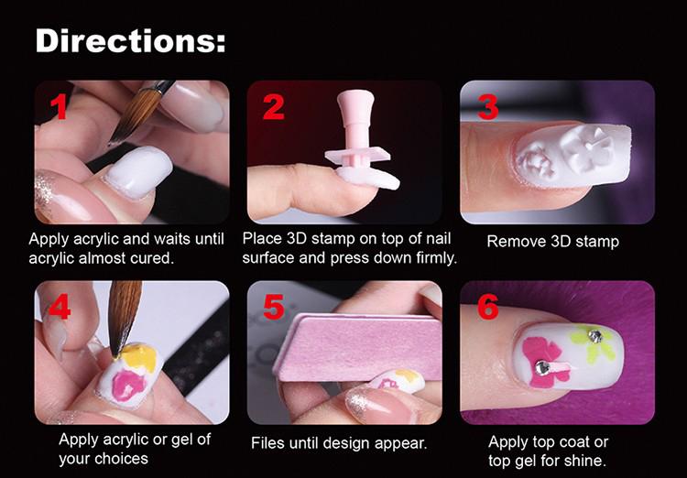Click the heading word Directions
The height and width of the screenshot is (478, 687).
click(x=130, y=40)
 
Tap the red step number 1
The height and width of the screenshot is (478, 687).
click(x=59, y=106)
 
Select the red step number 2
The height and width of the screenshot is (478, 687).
click(x=273, y=106)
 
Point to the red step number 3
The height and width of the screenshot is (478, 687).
click(x=487, y=107)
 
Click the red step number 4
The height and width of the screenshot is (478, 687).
click(x=60, y=306)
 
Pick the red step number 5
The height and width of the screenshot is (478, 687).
click(x=274, y=307)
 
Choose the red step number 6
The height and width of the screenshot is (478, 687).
click(x=487, y=307)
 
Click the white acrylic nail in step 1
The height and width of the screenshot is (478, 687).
click(x=138, y=171)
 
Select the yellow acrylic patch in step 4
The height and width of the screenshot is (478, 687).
click(x=138, y=356)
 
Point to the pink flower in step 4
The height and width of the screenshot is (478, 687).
click(x=128, y=385)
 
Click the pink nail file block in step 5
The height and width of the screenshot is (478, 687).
click(x=355, y=346)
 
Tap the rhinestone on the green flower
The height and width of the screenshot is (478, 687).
click(x=595, y=336)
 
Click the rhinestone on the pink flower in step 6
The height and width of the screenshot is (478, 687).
click(x=542, y=367)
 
